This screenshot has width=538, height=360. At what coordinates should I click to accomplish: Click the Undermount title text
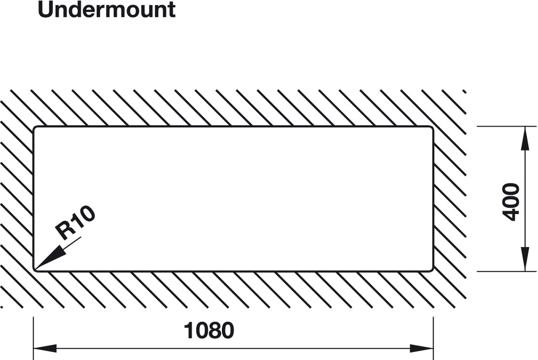[107, 10]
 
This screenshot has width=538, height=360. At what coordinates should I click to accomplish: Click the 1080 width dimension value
[209, 331]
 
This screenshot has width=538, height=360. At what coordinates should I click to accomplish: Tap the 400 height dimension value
[511, 202]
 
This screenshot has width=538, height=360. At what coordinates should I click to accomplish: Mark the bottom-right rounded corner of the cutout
[431, 269]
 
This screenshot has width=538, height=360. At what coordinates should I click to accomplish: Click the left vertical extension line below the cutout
[33, 335]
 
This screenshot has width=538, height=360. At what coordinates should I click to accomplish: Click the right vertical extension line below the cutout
[433, 335]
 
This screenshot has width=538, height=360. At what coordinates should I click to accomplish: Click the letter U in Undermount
[45, 10]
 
